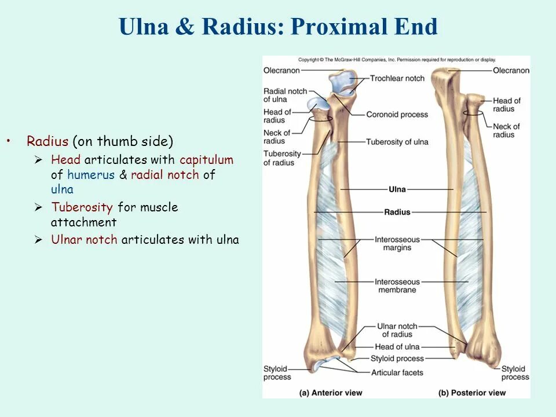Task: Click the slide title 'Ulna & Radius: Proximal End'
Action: pyautogui.click(x=278, y=27)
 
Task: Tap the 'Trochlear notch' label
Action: pyautogui.click(x=397, y=78)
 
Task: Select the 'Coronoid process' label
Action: pyautogui.click(x=397, y=115)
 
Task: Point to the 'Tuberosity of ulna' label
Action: pyautogui.click(x=397, y=142)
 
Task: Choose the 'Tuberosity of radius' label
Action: pyautogui.click(x=282, y=158)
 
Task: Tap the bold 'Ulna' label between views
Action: pyautogui.click(x=397, y=189)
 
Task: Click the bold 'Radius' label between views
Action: pyautogui.click(x=397, y=212)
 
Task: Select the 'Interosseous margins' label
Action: pyautogui.click(x=397, y=243)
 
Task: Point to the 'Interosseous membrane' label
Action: pyautogui.click(x=397, y=286)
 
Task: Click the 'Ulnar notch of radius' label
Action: pyautogui.click(x=397, y=330)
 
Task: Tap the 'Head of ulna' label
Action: pyautogui.click(x=397, y=347)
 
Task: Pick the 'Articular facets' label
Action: pyautogui.click(x=397, y=372)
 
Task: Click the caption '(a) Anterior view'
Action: pyautogui.click(x=331, y=393)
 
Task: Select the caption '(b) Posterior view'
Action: pyautogui.click(x=472, y=393)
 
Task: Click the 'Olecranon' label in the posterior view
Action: pyautogui.click(x=511, y=71)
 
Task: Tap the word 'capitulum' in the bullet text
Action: pyautogui.click(x=206, y=160)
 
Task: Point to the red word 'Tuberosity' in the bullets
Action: pyautogui.click(x=82, y=207)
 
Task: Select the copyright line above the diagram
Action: pyautogui.click(x=397, y=60)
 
